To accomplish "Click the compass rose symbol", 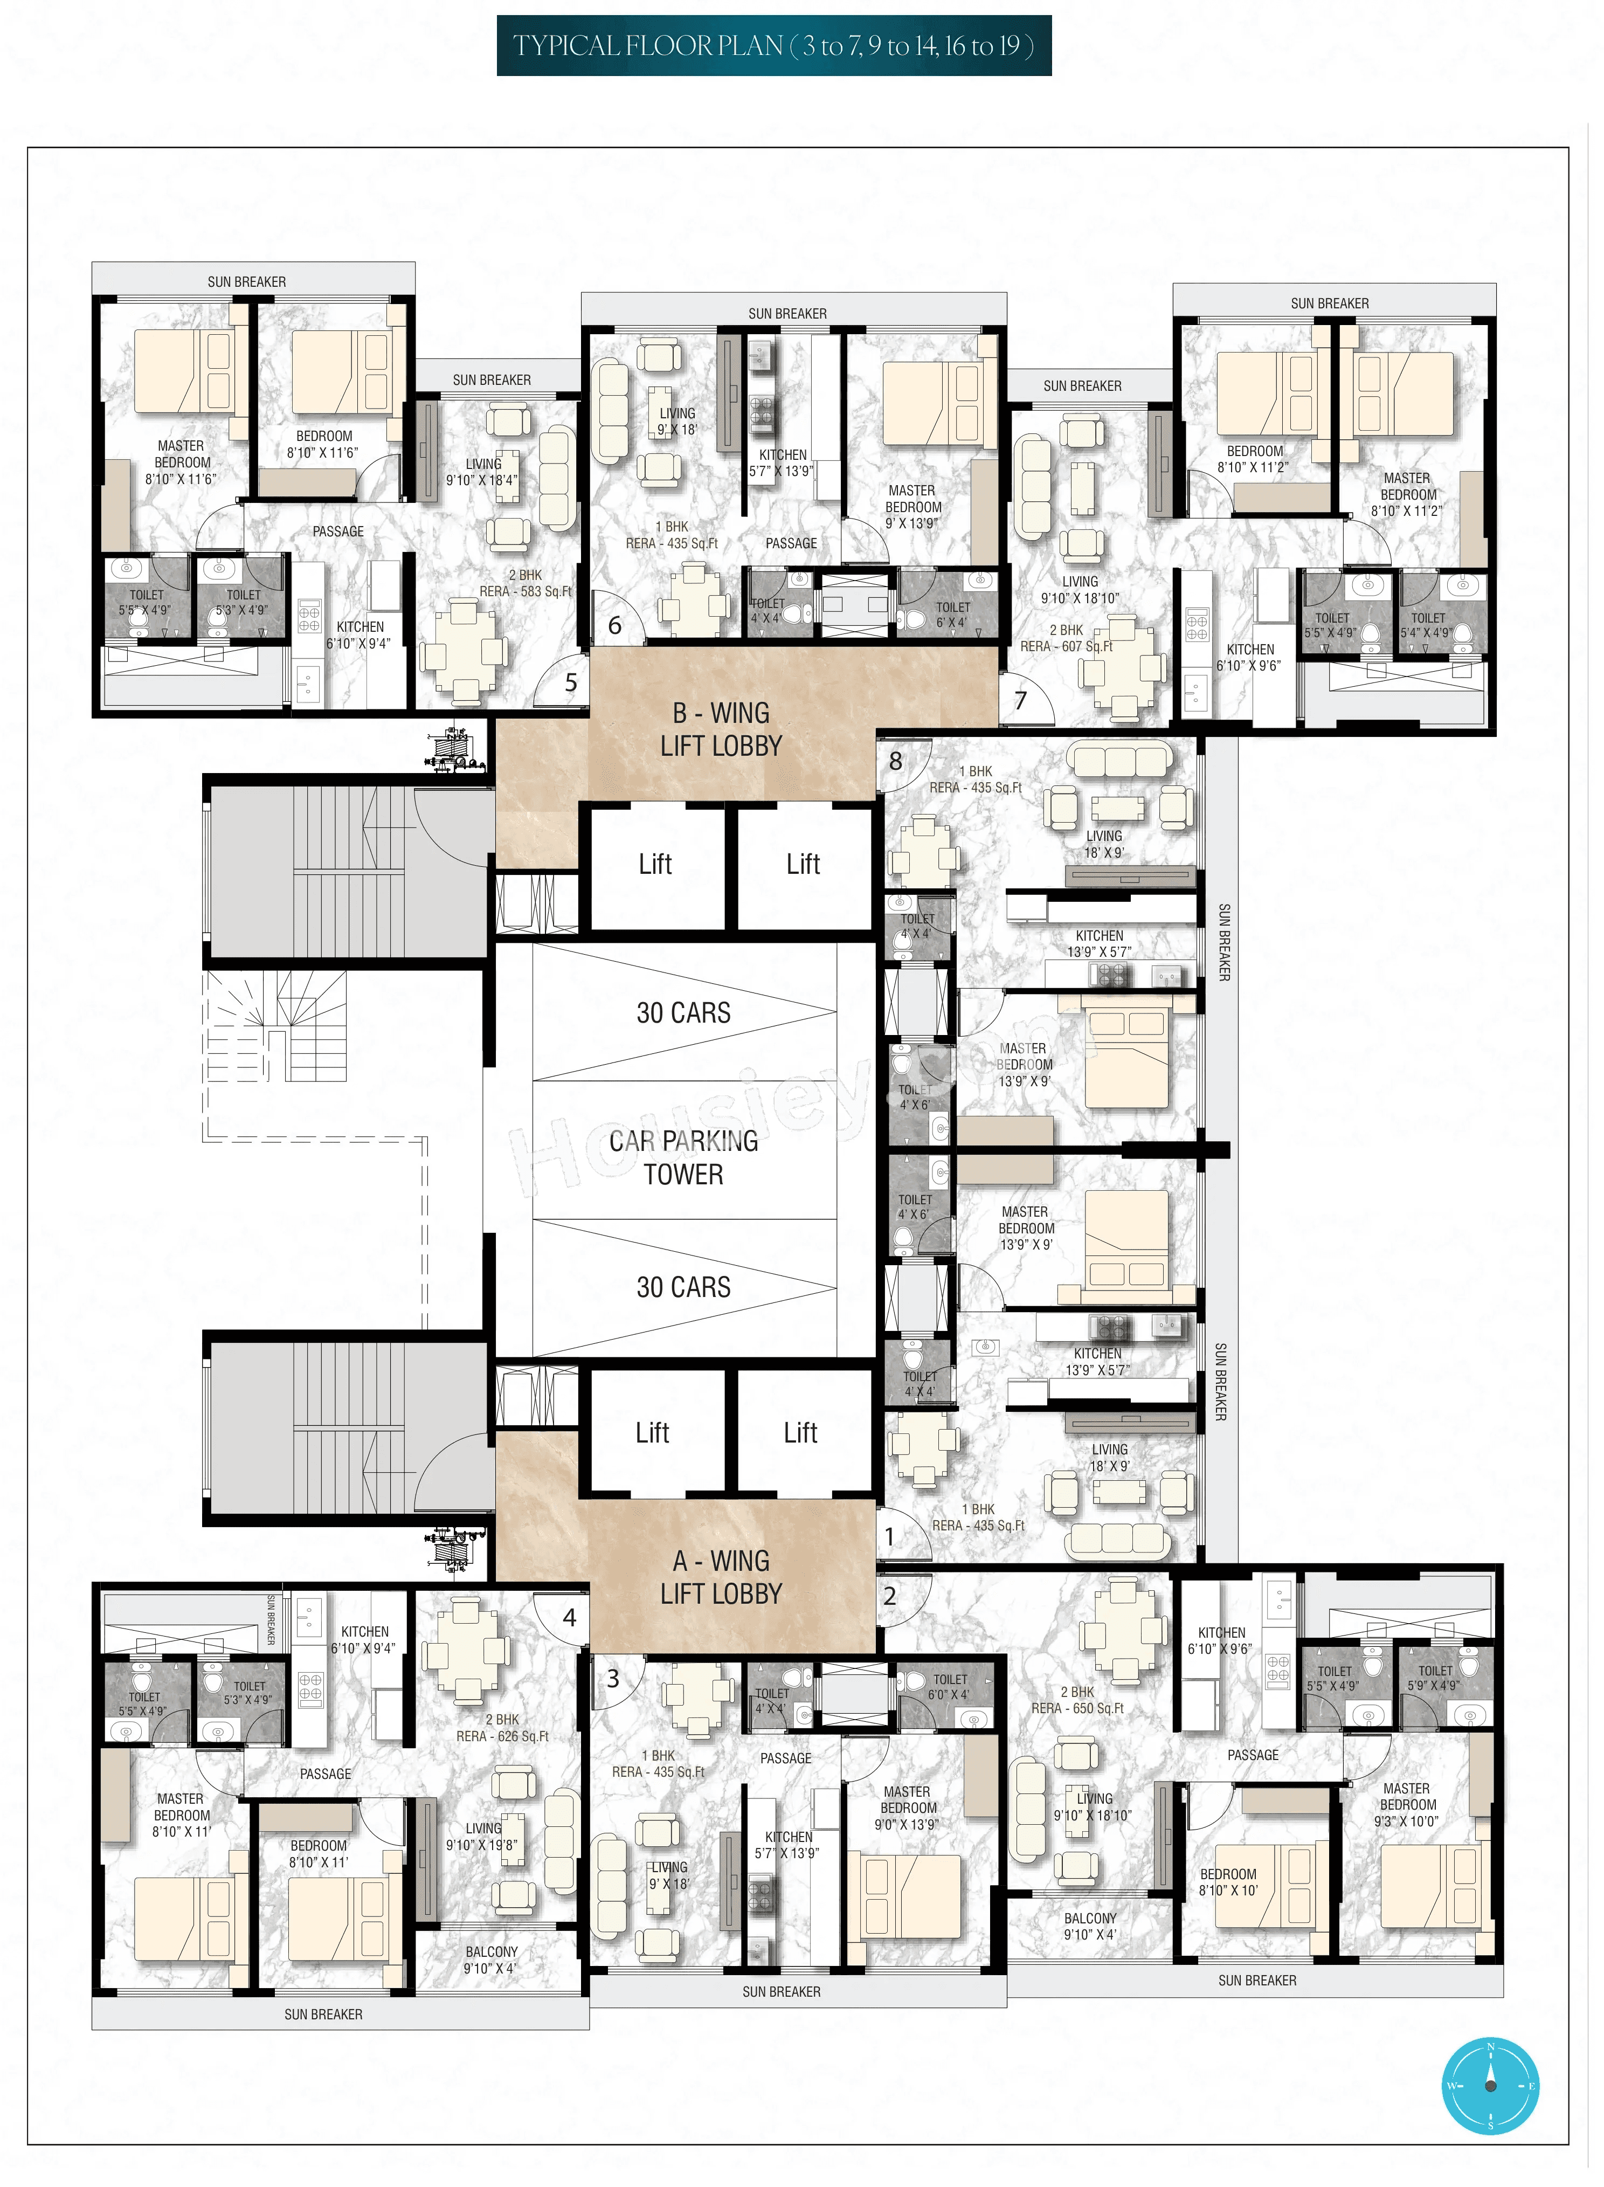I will [1490, 2085].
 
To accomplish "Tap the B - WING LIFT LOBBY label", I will [721, 729].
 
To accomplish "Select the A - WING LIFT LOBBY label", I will [721, 1577].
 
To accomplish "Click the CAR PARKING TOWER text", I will [683, 1157].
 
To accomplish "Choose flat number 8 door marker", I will [895, 761].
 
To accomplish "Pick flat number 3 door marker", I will [613, 1679].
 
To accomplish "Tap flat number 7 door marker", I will [1020, 700].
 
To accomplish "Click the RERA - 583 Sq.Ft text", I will [526, 590].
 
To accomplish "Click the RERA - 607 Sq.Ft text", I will [1066, 646].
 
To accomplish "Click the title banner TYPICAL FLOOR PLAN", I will [774, 46].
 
